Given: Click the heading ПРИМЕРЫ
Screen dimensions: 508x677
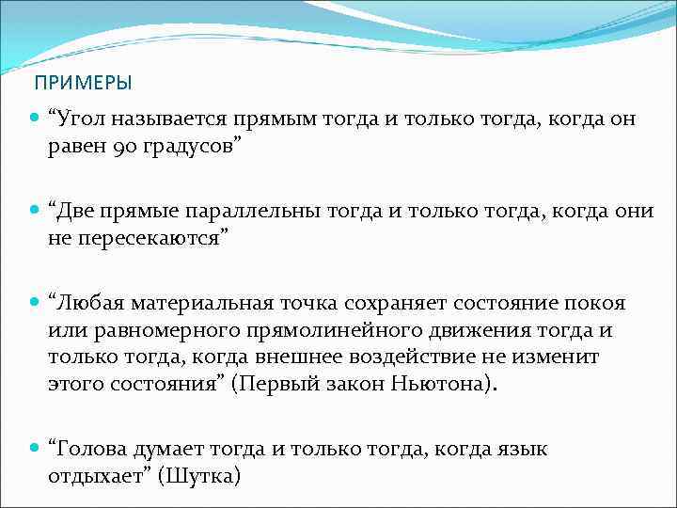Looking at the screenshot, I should pos(83,83).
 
